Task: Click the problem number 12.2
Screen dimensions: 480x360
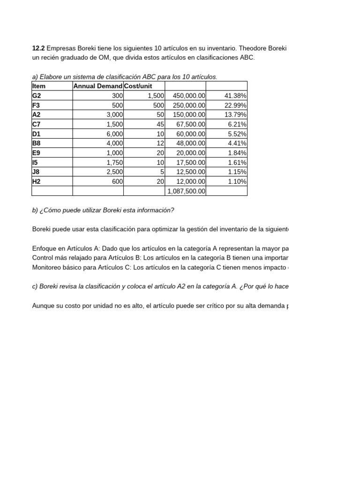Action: point(38,48)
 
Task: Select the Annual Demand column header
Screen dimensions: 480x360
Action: point(97,86)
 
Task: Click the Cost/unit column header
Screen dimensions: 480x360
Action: point(138,86)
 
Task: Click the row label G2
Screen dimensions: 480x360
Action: point(37,96)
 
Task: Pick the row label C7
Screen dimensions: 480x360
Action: point(37,124)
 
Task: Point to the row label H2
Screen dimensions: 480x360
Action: point(37,181)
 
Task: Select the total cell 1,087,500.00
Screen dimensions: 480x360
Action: point(186,191)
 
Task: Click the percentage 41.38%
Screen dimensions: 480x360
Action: point(236,96)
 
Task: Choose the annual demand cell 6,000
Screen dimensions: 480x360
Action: point(115,134)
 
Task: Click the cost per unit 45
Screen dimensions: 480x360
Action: point(160,124)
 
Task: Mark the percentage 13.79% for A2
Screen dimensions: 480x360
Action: point(236,114)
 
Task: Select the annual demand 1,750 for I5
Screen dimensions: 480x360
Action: point(115,162)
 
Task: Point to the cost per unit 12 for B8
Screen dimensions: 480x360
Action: point(160,143)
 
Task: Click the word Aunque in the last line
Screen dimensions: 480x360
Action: point(43,306)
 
